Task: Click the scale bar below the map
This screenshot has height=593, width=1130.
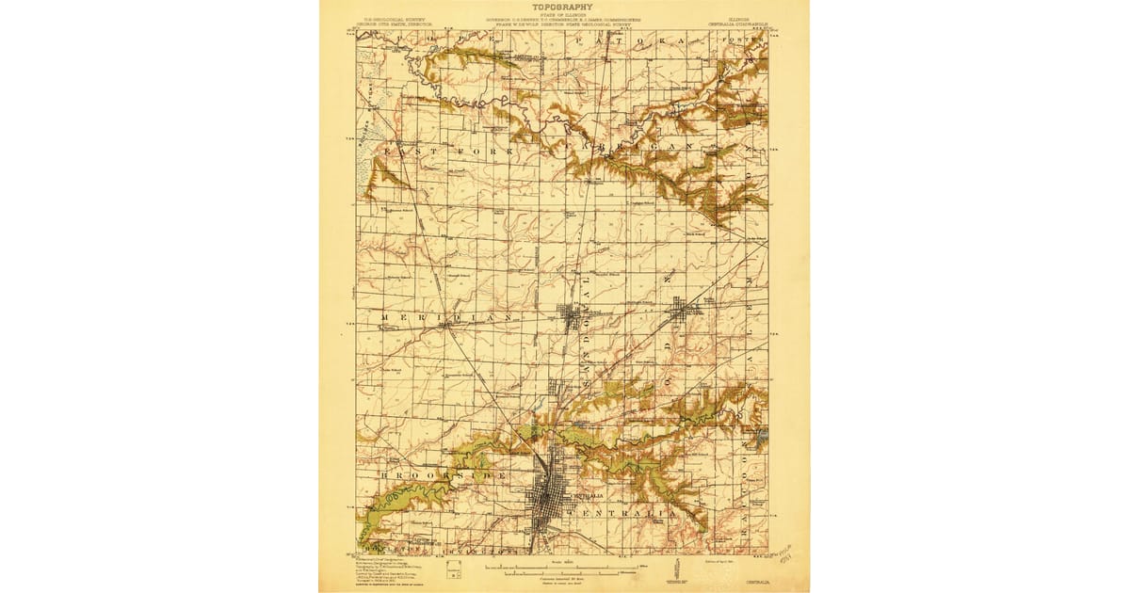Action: click(x=563, y=569)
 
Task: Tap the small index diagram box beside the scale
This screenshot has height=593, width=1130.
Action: click(x=454, y=568)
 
